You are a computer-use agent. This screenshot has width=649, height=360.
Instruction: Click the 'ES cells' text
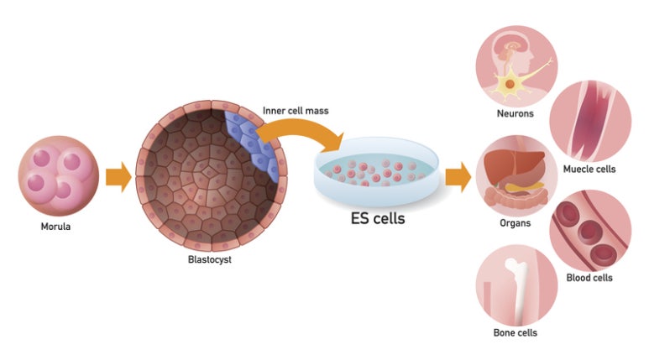point(377,219)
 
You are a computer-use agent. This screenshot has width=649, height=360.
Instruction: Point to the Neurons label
point(516,113)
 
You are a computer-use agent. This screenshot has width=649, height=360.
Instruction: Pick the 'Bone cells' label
point(515,332)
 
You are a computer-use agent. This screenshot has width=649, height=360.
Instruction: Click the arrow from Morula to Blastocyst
point(118,178)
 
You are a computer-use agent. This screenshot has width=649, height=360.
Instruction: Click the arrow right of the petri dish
point(458,177)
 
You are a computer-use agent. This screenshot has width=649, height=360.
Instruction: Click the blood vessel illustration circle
point(589,230)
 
